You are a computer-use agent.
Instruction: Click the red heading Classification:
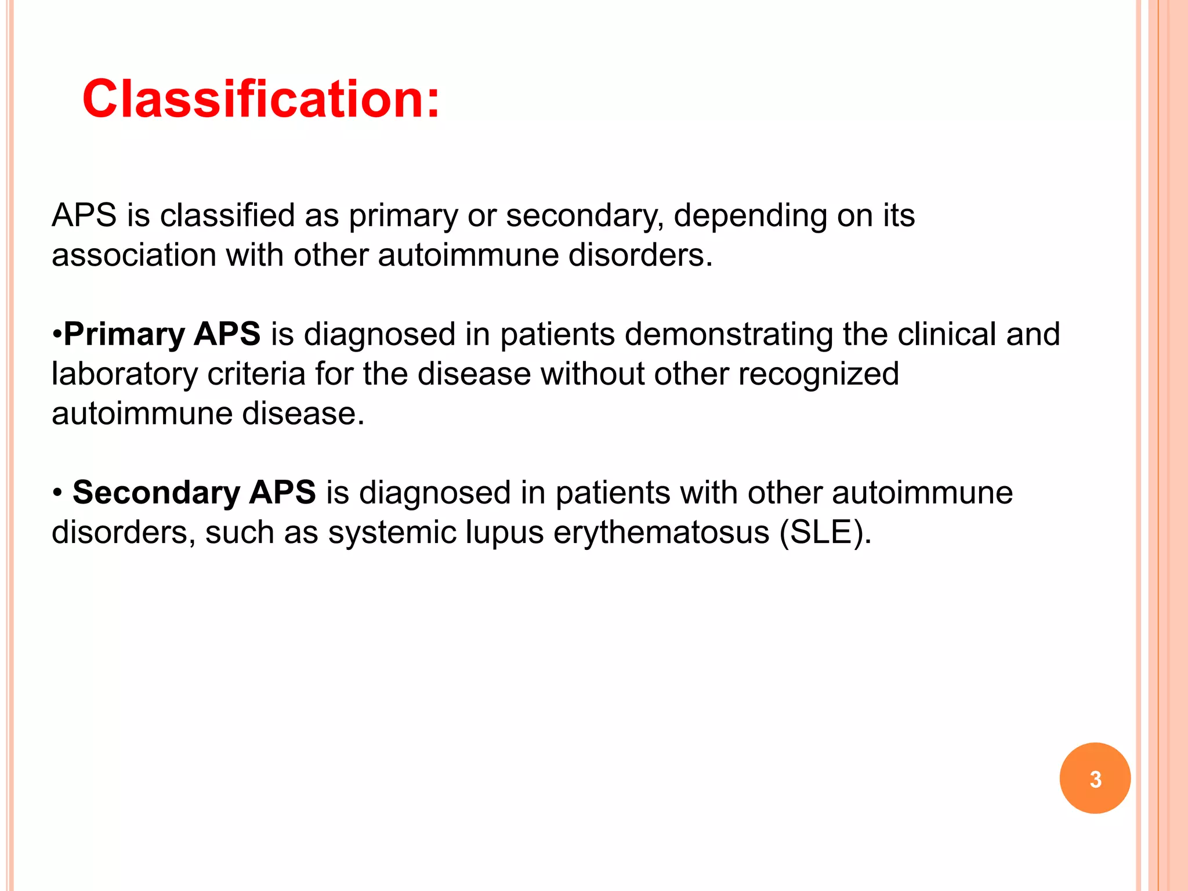261,99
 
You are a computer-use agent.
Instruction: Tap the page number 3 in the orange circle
1095,778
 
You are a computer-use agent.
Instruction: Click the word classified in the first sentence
228,216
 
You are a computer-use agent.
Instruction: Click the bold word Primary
124,335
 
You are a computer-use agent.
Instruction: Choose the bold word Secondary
156,492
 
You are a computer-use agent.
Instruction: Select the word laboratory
125,375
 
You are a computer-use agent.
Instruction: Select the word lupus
504,533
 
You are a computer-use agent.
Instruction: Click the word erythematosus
661,533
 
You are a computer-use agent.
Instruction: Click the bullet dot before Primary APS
57,335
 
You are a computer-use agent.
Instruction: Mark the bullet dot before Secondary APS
57,493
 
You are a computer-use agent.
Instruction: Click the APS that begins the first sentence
84,216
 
